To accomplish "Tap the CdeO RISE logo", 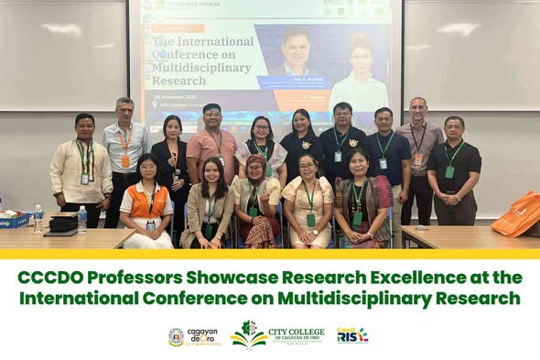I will click(x=352, y=335).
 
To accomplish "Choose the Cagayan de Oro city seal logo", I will click(x=177, y=336).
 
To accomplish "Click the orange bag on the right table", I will click(x=517, y=214).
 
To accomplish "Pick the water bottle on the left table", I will click(x=82, y=218).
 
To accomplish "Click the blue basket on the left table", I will click(x=14, y=220).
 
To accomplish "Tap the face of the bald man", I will click(x=418, y=109).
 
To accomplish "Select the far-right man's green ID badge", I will click(x=449, y=171).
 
